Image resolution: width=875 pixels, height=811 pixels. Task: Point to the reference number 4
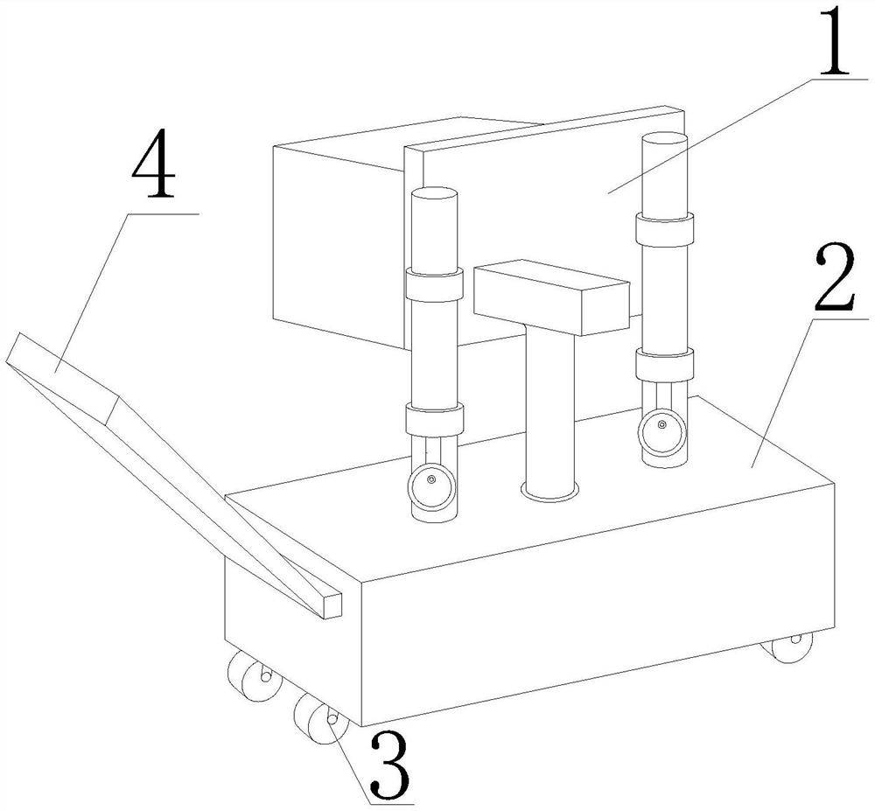tap(153, 169)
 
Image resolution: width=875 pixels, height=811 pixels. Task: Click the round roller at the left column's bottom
tap(430, 486)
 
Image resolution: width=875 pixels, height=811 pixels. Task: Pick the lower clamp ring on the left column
tap(433, 419)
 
